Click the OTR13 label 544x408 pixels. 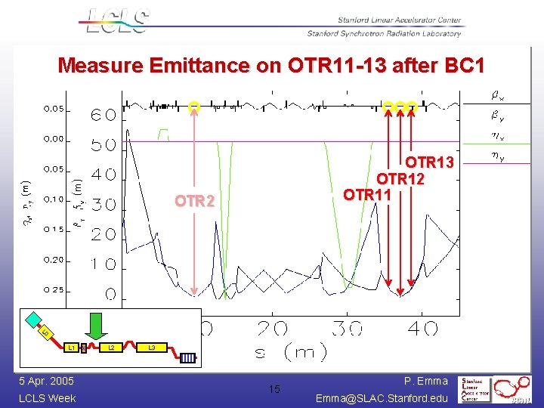pyautogui.click(x=430, y=162)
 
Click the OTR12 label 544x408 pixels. pyautogui.click(x=400, y=179)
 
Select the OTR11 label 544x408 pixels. pyautogui.click(x=367, y=195)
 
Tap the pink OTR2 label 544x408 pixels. pyautogui.click(x=195, y=202)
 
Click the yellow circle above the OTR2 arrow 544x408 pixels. pyautogui.click(x=194, y=106)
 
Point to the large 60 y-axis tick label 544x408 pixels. pyautogui.click(x=104, y=116)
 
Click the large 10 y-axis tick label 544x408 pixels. pyautogui.click(x=104, y=264)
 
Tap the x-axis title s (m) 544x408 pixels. pyautogui.click(x=290, y=351)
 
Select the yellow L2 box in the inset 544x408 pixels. pyautogui.click(x=111, y=348)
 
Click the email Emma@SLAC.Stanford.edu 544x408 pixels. pyautogui.click(x=382, y=397)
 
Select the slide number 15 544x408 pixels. pyautogui.click(x=274, y=389)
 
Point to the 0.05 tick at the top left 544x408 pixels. pyautogui.click(x=54, y=109)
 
